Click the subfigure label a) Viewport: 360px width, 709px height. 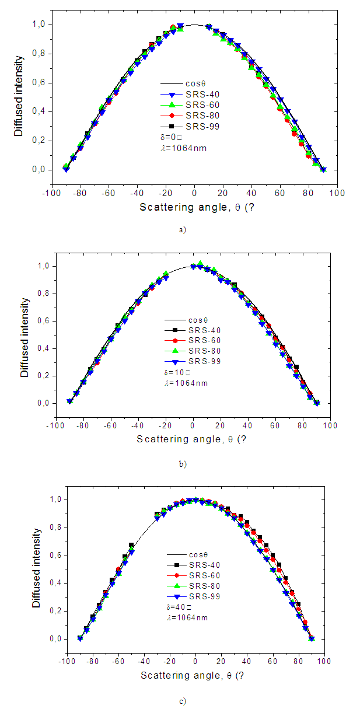pos(183,230)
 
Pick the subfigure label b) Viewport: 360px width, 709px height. pos(183,464)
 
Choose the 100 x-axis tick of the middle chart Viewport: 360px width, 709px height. pos(330,426)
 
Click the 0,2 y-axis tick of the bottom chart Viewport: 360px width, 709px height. pos(44,611)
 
